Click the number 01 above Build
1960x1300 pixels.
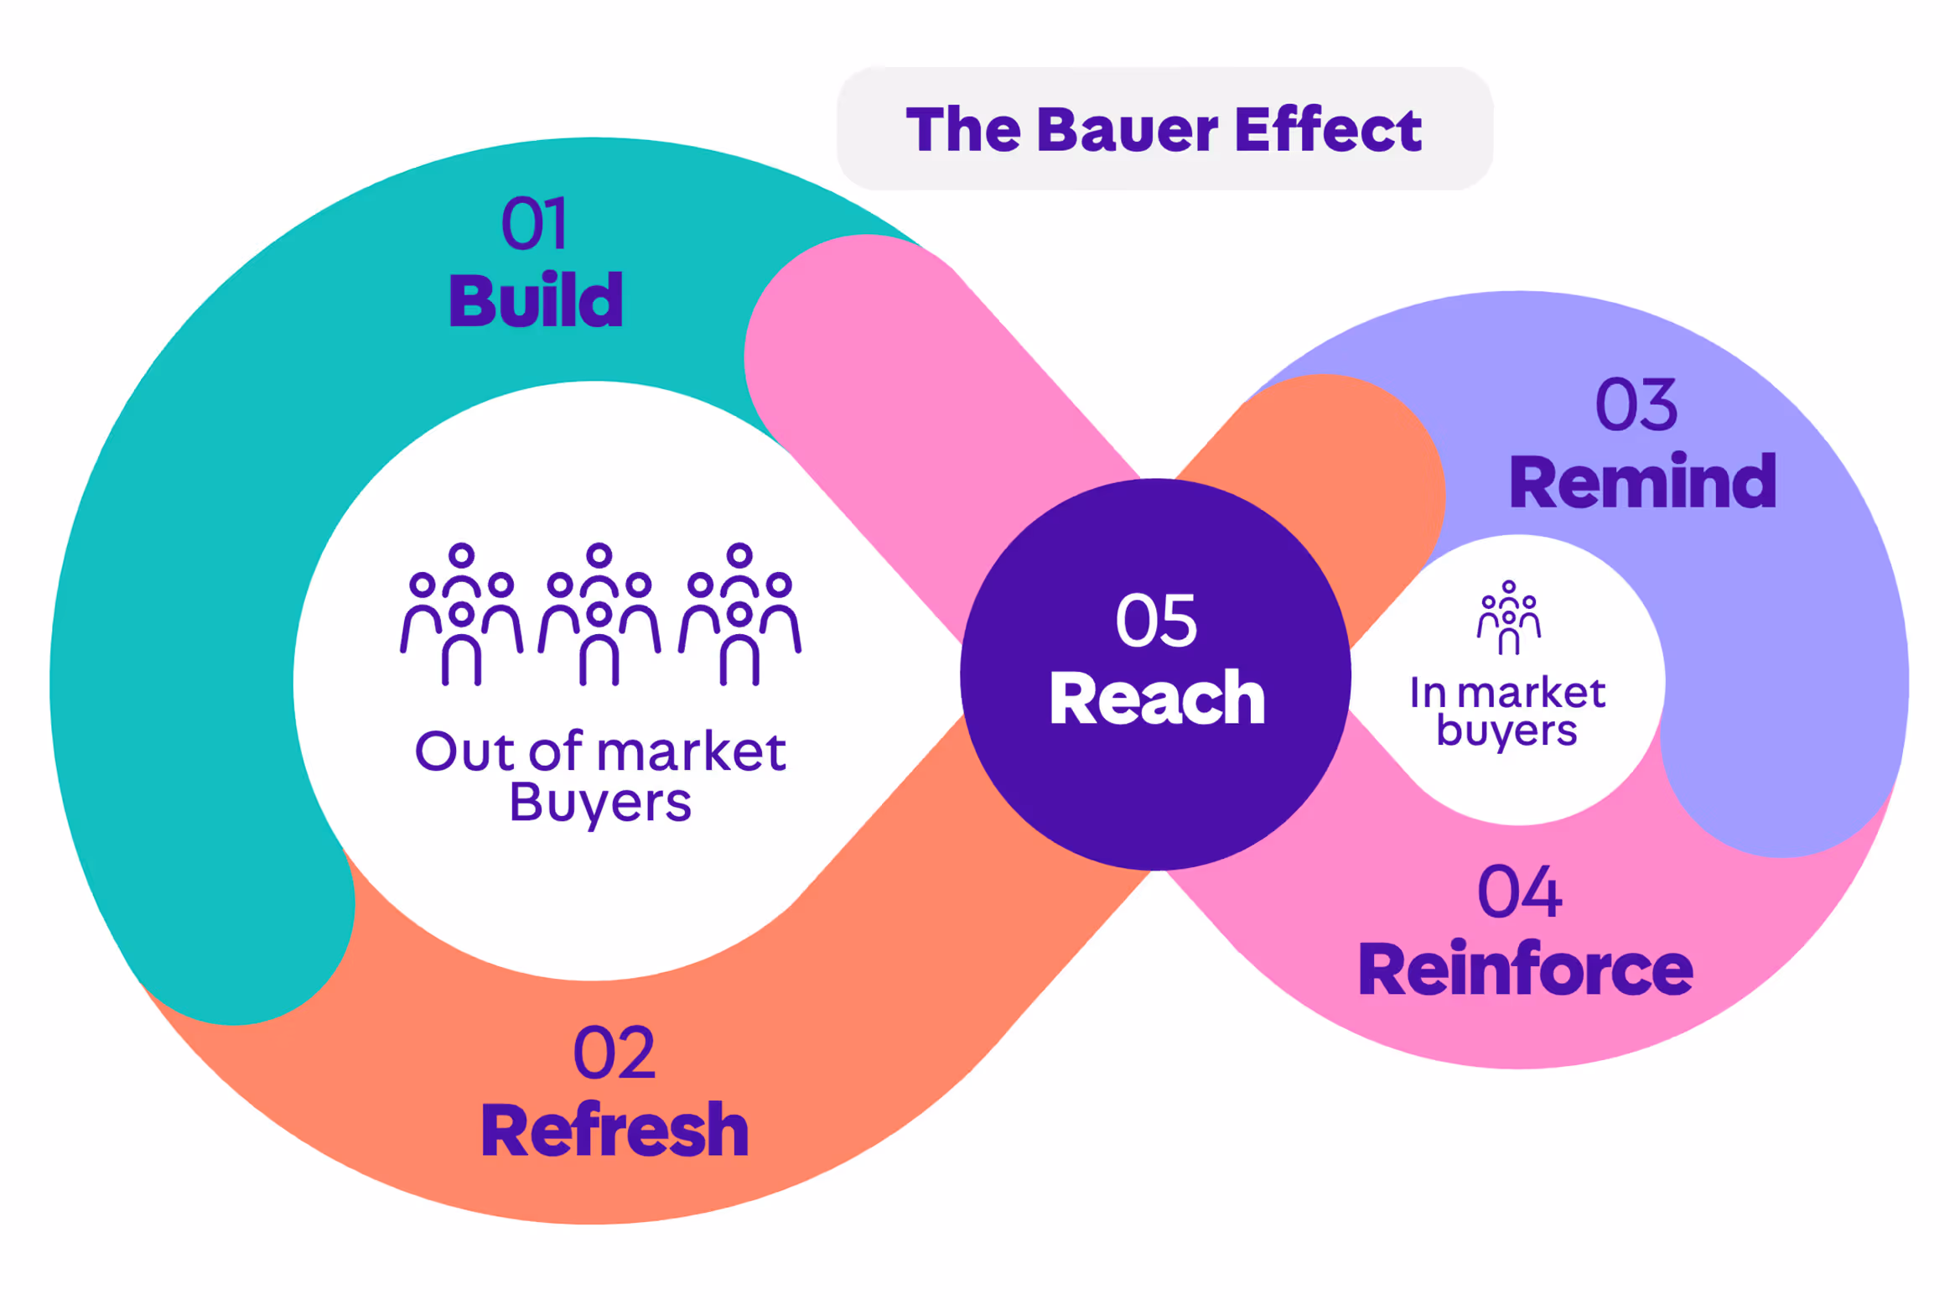[534, 223]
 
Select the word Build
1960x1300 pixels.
[536, 300]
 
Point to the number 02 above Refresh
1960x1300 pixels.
[614, 1053]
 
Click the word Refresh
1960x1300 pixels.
[614, 1131]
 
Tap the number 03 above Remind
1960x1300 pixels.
[1636, 405]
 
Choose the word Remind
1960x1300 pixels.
[1641, 482]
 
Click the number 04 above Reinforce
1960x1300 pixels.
[1519, 892]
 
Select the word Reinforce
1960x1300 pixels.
[1525, 970]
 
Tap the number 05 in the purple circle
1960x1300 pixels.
[1156, 621]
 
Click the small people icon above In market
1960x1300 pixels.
[1508, 617]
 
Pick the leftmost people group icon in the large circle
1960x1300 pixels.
[461, 614]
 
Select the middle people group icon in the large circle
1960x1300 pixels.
[599, 614]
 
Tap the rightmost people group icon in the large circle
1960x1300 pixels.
[739, 614]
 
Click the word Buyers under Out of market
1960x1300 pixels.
[600, 803]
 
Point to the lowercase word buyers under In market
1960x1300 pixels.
[1506, 731]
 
